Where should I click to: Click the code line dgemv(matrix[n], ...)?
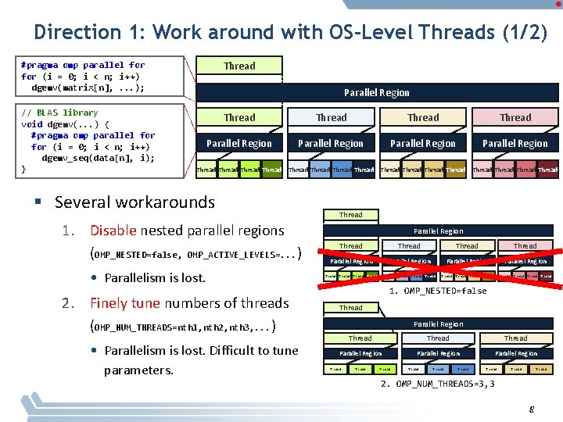(x=93, y=88)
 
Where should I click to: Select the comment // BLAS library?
(x=59, y=112)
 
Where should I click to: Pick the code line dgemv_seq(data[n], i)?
(x=98, y=158)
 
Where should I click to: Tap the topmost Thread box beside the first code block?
(x=239, y=66)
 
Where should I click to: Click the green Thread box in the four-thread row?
(x=239, y=118)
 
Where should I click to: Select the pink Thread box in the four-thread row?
(x=515, y=118)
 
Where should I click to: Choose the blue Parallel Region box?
(x=331, y=144)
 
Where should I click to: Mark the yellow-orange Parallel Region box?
(x=423, y=144)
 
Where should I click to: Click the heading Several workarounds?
(x=134, y=202)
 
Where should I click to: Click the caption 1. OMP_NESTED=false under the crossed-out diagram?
(x=438, y=291)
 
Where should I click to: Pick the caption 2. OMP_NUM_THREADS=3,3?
(x=438, y=384)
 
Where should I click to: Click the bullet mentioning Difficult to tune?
(x=201, y=359)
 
